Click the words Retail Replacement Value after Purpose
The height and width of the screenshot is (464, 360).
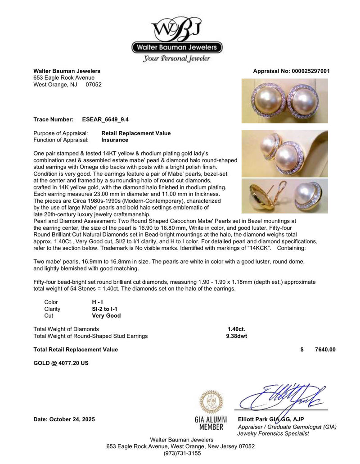(x=136, y=133)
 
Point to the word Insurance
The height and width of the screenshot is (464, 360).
(x=115, y=140)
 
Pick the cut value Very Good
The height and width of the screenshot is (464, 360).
(x=106, y=316)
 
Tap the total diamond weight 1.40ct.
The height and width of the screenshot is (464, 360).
(x=236, y=329)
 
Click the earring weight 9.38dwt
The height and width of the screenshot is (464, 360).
(x=236, y=336)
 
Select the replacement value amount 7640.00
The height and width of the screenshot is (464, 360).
(x=325, y=350)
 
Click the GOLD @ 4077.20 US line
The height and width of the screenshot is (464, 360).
(x=61, y=363)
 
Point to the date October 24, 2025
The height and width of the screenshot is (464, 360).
(x=64, y=419)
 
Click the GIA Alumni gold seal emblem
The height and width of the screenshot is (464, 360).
(x=211, y=402)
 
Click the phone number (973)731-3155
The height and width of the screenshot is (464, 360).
(x=180, y=453)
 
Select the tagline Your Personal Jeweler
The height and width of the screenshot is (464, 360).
(x=176, y=59)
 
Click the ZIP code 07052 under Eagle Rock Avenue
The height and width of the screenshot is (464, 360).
(x=94, y=84)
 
